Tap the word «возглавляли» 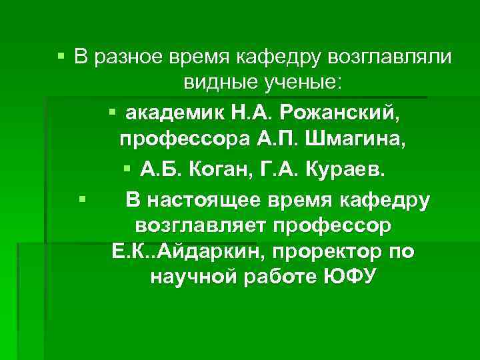[389, 58]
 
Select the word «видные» [216, 83]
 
